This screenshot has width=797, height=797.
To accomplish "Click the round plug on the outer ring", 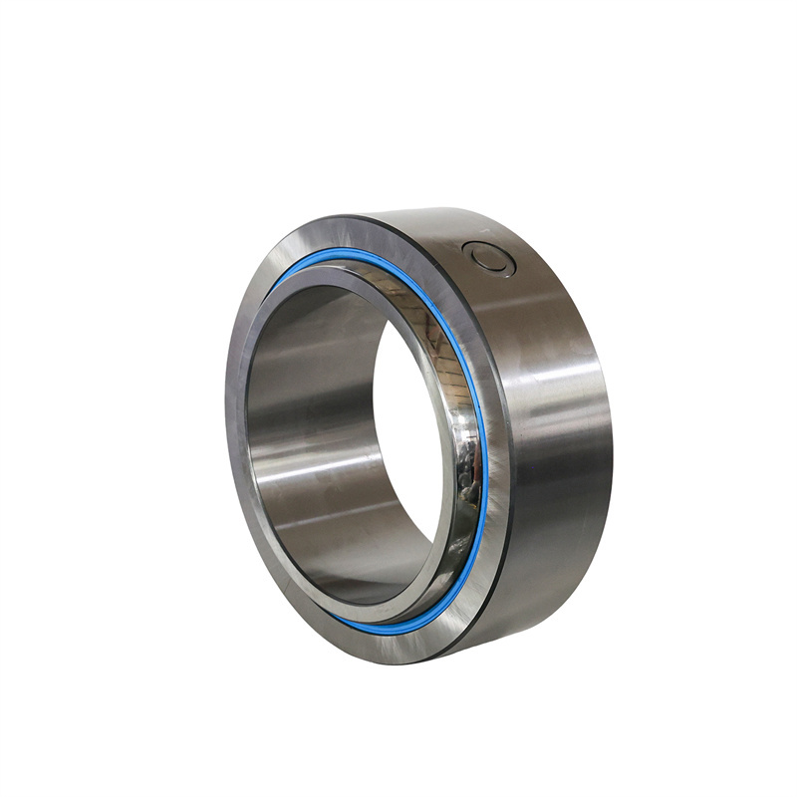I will coord(491,257).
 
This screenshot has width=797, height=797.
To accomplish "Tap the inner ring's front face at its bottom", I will coord(379,608).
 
